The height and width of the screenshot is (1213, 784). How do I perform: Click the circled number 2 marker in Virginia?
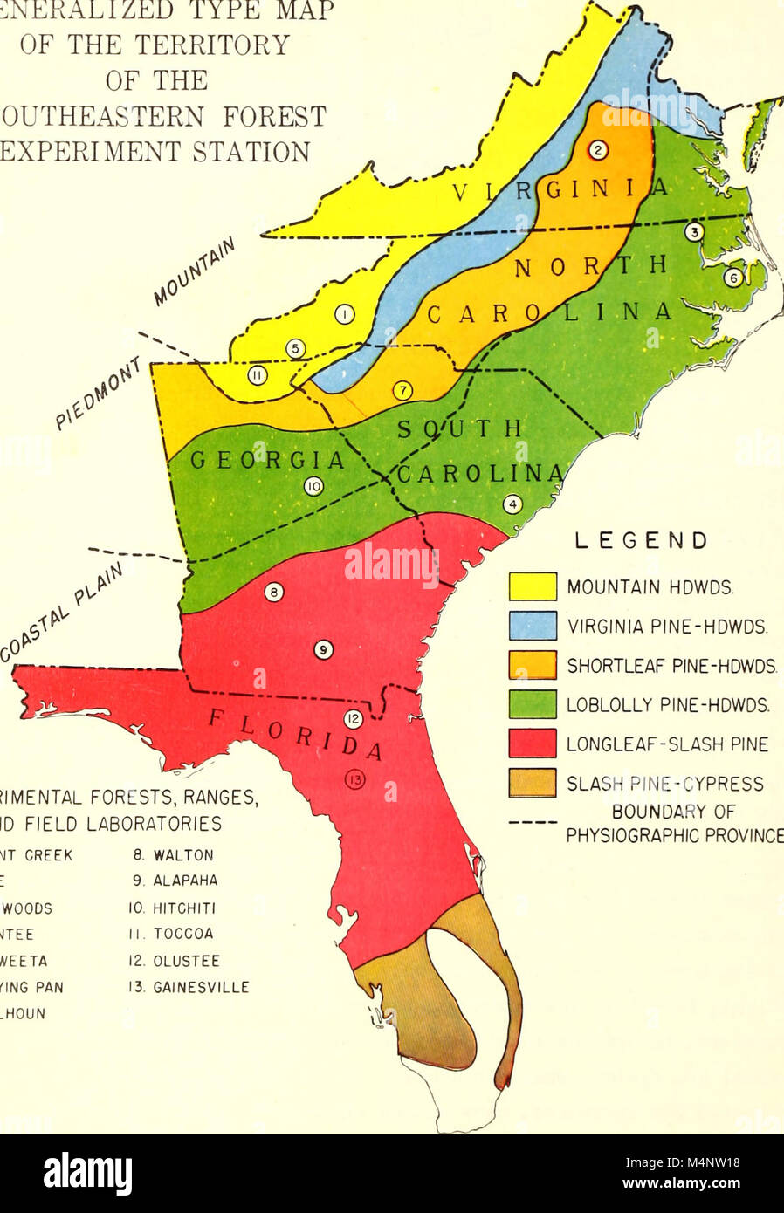[x=597, y=149]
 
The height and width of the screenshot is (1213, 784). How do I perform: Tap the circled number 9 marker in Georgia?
[x=322, y=649]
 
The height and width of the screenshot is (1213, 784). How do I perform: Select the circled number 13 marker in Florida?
[x=354, y=780]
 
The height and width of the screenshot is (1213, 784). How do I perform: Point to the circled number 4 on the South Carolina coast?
[x=513, y=504]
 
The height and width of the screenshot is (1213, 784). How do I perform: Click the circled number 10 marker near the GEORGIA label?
[x=313, y=487]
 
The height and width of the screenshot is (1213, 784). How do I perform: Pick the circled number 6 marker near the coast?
[x=733, y=278]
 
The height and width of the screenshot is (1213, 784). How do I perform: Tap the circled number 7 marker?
[x=402, y=391]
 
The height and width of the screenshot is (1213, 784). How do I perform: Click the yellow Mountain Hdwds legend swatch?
[x=533, y=586]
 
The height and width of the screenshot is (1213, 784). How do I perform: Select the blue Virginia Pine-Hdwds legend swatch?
[x=533, y=626]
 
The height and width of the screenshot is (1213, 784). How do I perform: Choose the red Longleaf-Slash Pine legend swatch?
[x=533, y=744]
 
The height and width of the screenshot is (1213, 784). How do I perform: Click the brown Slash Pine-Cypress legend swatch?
[x=533, y=783]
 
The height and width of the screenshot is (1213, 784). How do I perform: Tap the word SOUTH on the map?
[x=460, y=428]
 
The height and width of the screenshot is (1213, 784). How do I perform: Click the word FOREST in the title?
[x=260, y=116]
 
